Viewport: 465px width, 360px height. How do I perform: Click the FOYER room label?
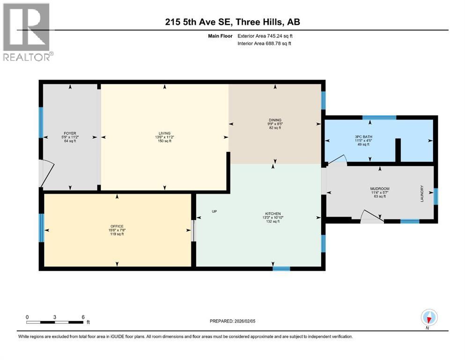click(70, 133)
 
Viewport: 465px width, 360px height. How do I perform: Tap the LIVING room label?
click(164, 133)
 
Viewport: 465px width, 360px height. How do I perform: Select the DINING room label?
click(274, 120)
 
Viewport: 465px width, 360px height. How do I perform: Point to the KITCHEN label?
click(272, 214)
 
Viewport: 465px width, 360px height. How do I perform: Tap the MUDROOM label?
click(380, 189)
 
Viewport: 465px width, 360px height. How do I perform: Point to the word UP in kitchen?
click(214, 211)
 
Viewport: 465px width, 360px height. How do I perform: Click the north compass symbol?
click(428, 318)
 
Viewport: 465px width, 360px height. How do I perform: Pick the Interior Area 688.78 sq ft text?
click(265, 44)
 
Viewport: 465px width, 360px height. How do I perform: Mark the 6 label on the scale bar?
click(83, 317)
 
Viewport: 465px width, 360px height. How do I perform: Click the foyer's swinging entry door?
click(48, 173)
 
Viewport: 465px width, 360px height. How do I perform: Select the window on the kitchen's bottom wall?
click(281, 269)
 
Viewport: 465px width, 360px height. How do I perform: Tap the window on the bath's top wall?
click(379, 117)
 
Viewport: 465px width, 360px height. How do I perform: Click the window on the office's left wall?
click(41, 228)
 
